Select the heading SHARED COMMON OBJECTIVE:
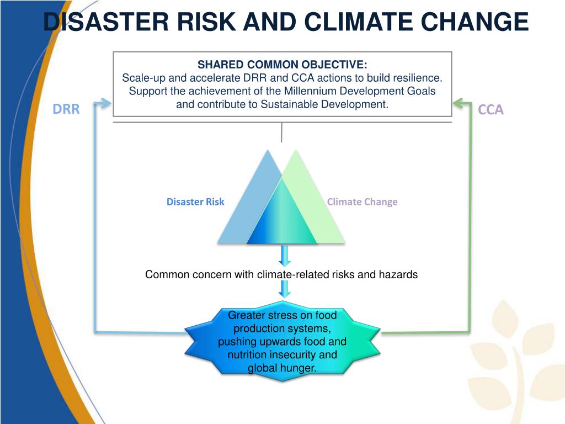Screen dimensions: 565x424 pyautogui.click(x=282, y=65)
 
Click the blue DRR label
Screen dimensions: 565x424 pyautogui.click(x=66, y=109)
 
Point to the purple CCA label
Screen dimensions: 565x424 pyautogui.click(x=491, y=110)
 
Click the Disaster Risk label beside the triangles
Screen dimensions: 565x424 pyautogui.click(x=195, y=202)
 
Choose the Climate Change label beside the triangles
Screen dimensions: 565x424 pyautogui.click(x=362, y=202)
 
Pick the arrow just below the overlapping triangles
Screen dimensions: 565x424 pyautogui.click(x=285, y=256)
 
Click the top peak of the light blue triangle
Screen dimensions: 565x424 pyautogui.click(x=269, y=150)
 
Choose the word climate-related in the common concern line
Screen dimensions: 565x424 pyautogui.click(x=291, y=274)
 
